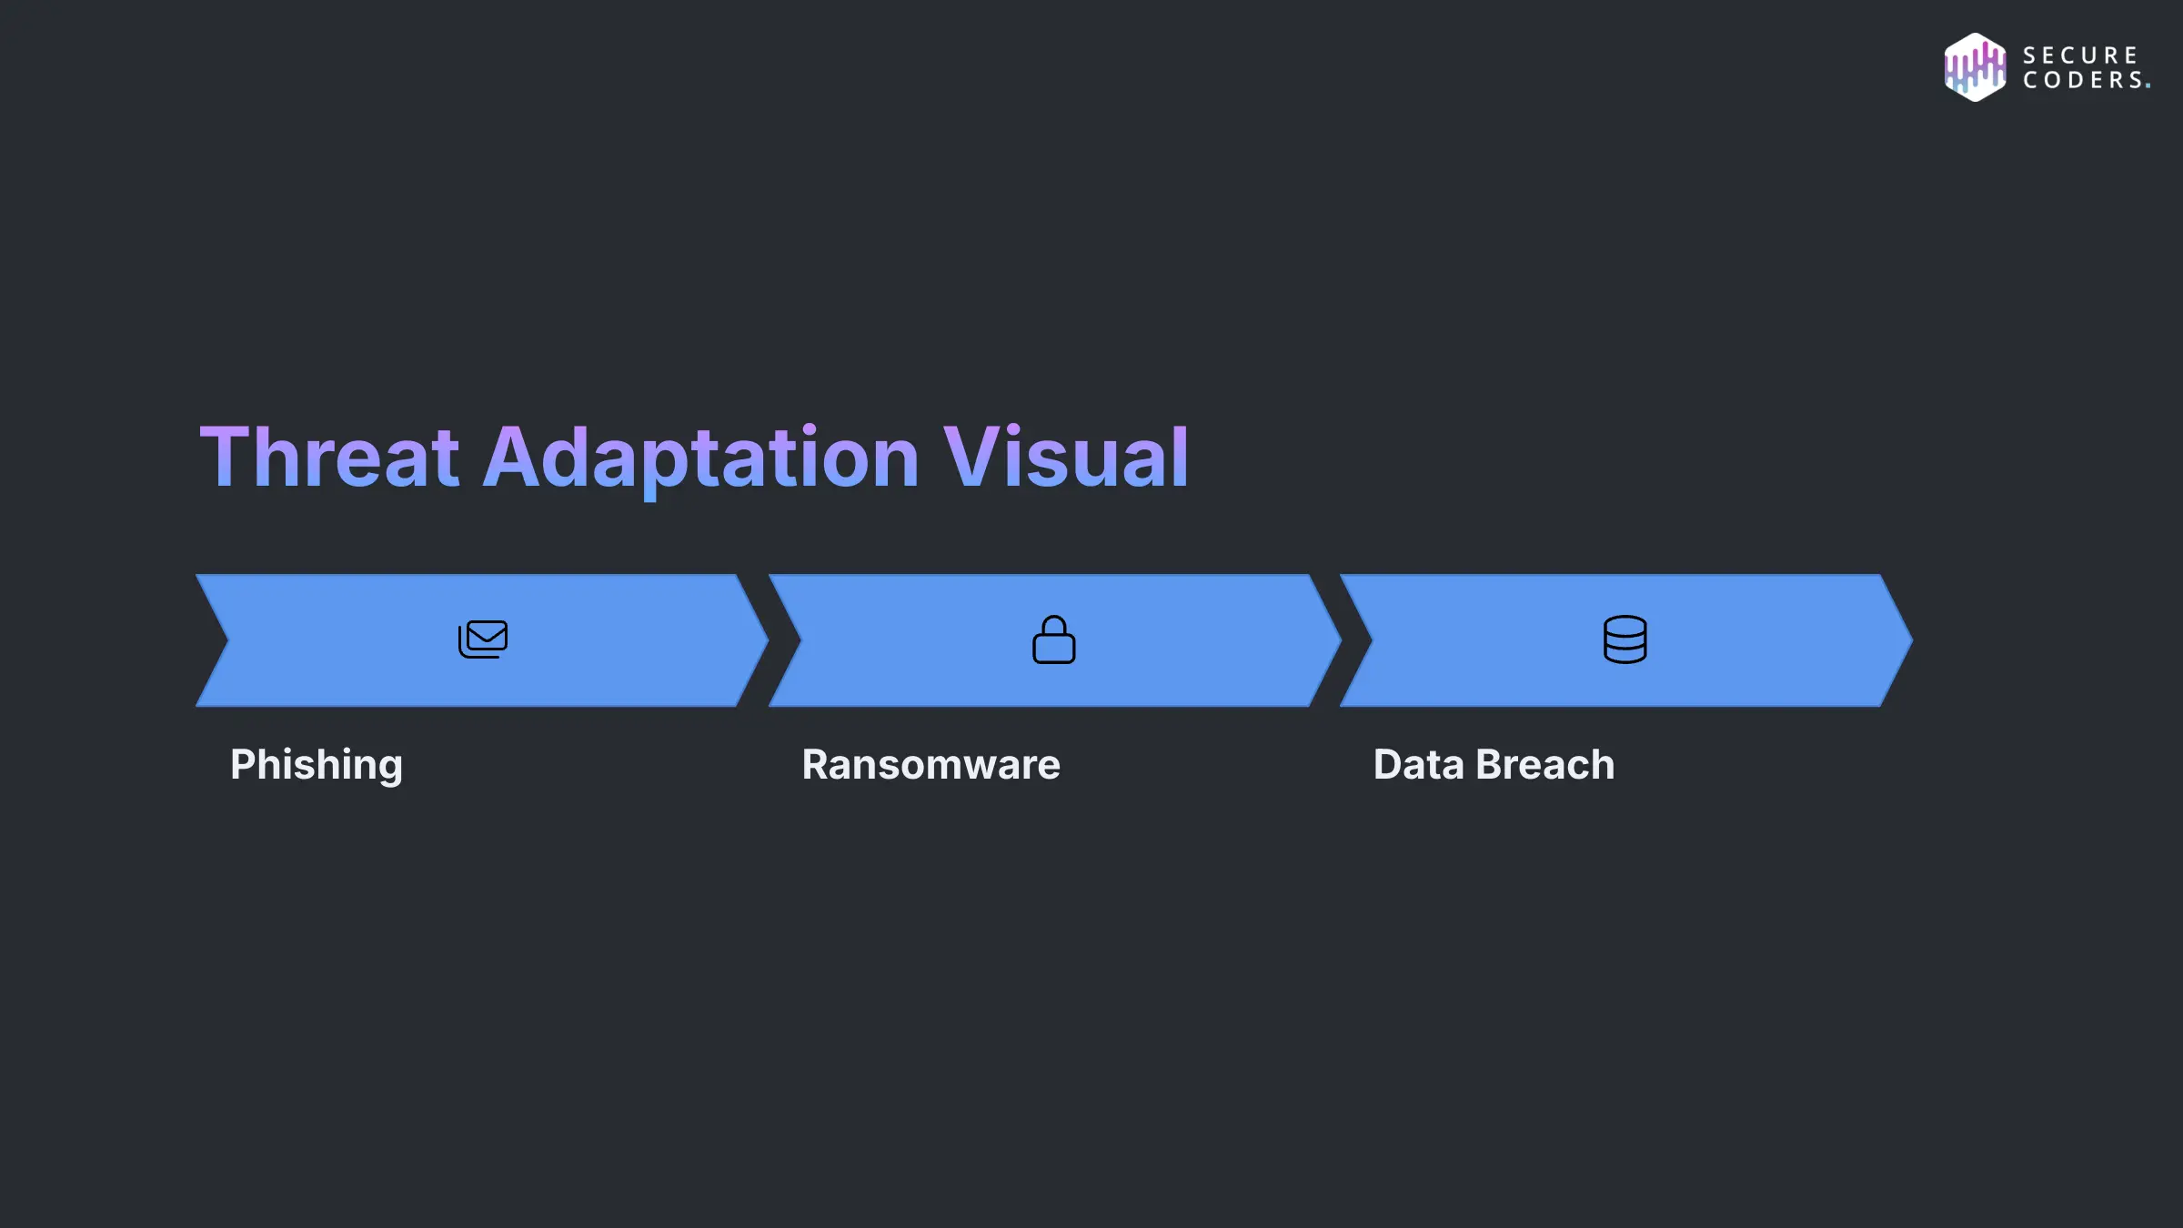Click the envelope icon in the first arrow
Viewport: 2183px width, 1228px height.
coord(483,639)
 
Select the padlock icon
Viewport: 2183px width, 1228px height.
coord(1053,639)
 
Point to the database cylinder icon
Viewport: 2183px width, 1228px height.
coord(1625,639)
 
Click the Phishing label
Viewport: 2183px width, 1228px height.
coord(316,765)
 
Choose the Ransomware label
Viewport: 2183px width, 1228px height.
coord(931,765)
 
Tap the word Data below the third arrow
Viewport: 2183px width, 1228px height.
coord(1418,765)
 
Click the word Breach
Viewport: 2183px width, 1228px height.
coord(1545,765)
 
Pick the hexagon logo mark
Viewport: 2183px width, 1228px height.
coord(1975,67)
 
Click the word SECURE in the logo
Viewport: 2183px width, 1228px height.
coord(2079,55)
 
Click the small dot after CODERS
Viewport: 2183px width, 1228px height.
coord(2148,86)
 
